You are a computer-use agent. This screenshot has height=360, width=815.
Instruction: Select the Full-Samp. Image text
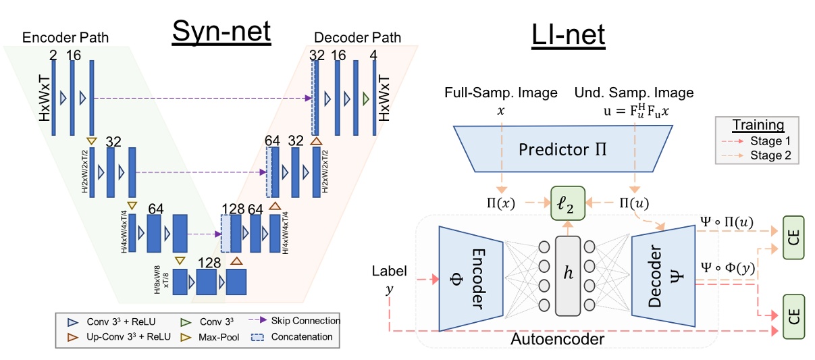(x=500, y=93)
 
